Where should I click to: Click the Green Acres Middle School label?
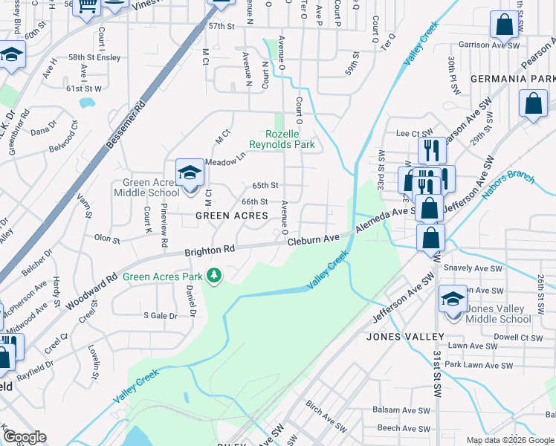(146, 187)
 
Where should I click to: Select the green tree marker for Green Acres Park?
(214, 277)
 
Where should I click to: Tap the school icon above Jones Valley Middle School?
(453, 299)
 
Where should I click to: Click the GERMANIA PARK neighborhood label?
(512, 79)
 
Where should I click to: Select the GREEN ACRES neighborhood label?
(231, 216)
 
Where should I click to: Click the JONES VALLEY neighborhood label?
(405, 337)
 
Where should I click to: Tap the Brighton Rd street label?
(210, 251)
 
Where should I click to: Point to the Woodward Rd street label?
(91, 291)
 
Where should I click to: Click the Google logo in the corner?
(24, 437)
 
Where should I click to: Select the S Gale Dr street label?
(161, 315)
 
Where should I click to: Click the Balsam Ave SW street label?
(404, 410)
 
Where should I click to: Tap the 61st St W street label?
(83, 88)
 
